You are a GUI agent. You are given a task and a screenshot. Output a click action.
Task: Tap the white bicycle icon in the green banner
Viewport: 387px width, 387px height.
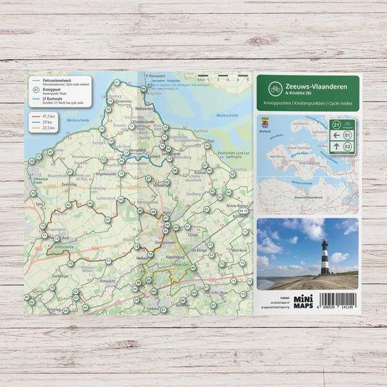(275, 89)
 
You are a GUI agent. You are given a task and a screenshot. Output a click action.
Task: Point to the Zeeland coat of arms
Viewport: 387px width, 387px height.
(264, 123)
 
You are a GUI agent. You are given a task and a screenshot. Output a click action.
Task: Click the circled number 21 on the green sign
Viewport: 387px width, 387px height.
(336, 124)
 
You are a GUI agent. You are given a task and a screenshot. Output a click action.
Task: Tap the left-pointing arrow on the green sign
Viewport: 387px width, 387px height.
(337, 135)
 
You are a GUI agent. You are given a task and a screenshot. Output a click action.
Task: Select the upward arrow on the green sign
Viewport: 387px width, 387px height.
(337, 147)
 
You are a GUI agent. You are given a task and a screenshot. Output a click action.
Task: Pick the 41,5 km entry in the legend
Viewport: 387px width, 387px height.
(49, 115)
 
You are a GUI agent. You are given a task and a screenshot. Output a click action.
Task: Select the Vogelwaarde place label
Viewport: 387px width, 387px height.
(105, 174)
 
